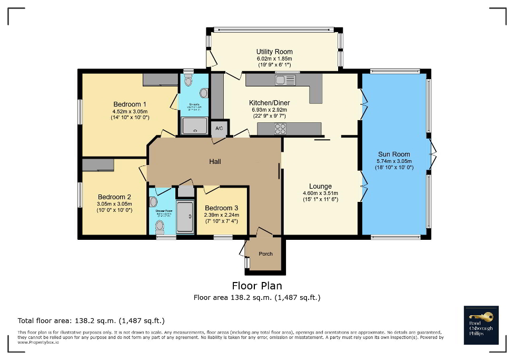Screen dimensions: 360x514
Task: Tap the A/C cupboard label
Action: tap(219, 128)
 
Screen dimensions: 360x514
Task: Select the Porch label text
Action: tap(265, 254)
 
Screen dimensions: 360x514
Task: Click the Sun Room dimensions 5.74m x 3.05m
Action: tap(394, 161)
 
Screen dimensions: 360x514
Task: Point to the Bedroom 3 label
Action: tap(221, 208)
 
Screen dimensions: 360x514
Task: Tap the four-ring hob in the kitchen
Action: tap(280, 128)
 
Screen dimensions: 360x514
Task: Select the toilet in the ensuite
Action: tap(189, 81)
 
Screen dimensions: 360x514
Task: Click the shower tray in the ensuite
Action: tap(194, 126)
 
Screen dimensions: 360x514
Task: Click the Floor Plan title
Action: tap(257, 286)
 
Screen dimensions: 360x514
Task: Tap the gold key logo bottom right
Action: tap(482, 317)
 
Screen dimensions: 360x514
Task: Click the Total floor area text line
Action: tap(91, 320)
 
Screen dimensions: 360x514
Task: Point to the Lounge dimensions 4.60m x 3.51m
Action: tap(320, 193)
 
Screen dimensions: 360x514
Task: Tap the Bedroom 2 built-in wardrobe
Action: tap(98, 165)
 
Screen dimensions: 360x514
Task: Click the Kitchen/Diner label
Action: tap(270, 103)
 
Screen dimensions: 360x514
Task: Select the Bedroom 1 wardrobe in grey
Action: tap(160, 80)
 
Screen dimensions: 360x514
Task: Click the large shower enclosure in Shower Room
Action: tap(185, 216)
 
